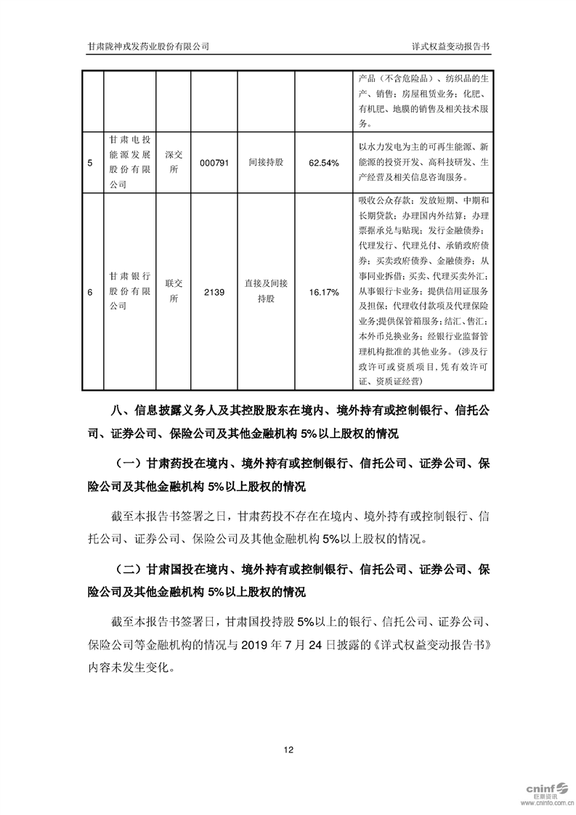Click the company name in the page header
148,46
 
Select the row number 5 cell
89,163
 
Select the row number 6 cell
89,292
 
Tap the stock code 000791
215,163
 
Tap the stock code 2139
215,292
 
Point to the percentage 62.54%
323,163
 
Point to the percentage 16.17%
323,292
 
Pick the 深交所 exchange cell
172,163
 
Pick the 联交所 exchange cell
172,292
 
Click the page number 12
288,750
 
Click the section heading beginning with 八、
288,422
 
